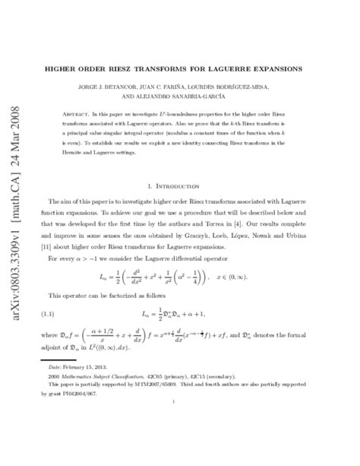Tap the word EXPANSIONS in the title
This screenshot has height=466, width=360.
[x=276, y=68]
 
